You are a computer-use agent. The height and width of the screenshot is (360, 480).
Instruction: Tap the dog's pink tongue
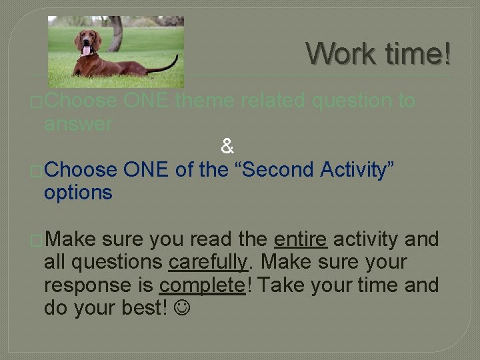point(85,50)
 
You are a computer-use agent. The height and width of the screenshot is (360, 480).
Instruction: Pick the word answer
point(78,124)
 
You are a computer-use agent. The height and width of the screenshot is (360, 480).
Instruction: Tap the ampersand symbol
point(227,146)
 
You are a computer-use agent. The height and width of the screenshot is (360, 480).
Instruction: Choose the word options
point(78,193)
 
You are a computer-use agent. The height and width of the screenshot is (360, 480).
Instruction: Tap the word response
point(87,285)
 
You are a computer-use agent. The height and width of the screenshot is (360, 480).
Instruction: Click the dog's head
point(87,40)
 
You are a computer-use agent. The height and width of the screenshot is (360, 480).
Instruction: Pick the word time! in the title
point(417,53)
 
